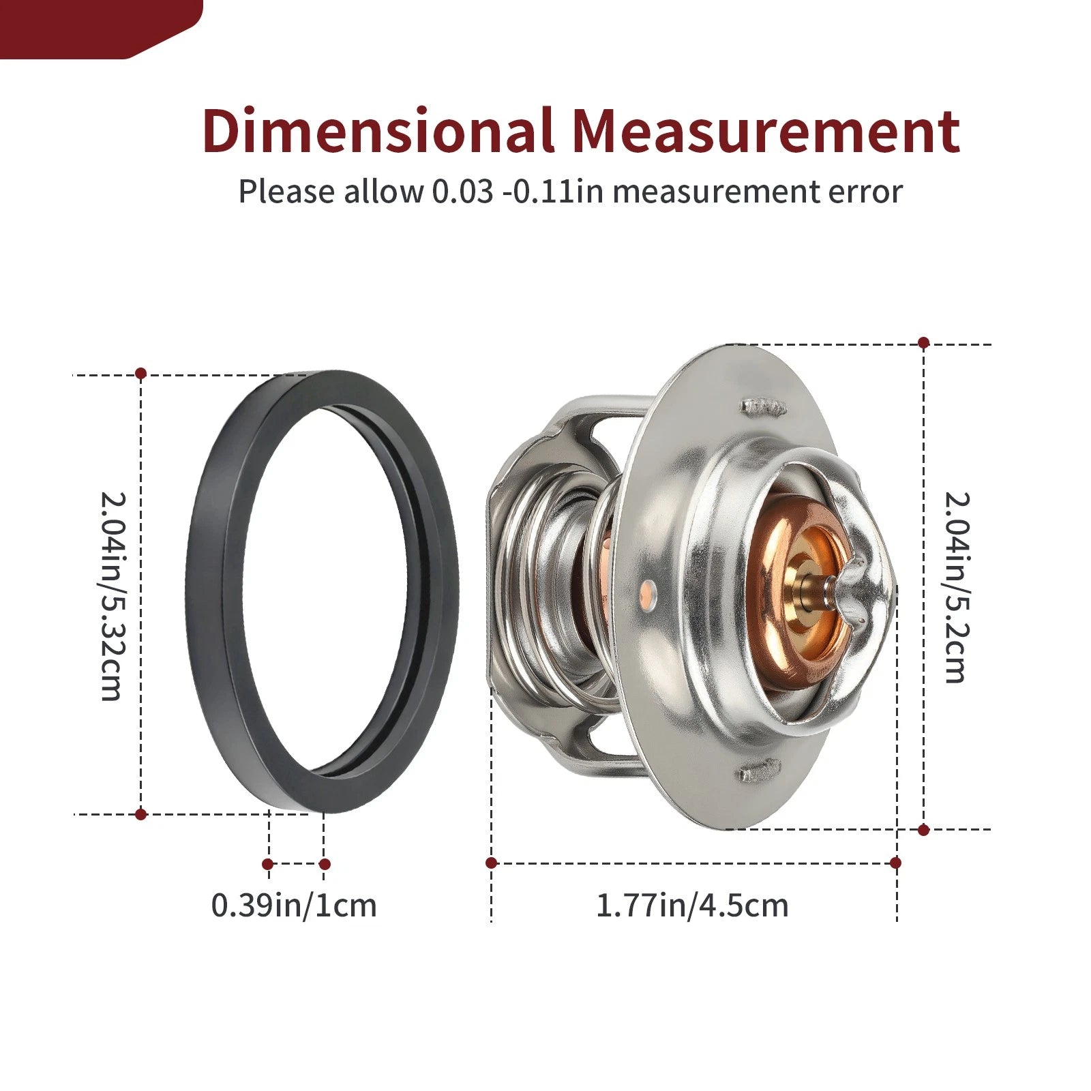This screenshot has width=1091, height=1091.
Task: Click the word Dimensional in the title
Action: (x=377, y=130)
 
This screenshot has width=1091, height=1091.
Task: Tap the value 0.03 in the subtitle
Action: (x=462, y=192)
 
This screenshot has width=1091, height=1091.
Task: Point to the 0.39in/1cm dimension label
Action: (x=294, y=906)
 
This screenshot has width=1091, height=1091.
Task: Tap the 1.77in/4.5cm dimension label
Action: (x=692, y=906)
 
